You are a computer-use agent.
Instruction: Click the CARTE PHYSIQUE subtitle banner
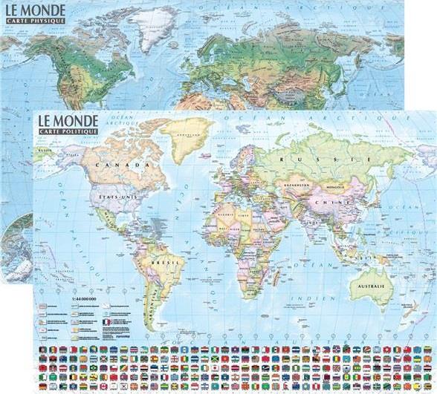coord(33,22)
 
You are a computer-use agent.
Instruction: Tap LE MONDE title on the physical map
coord(33,10)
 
